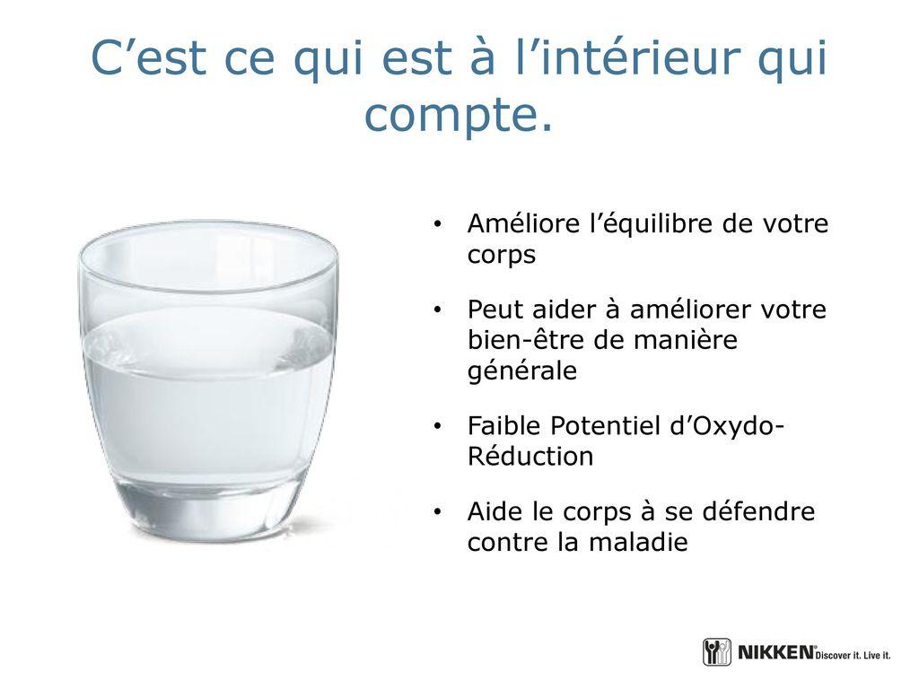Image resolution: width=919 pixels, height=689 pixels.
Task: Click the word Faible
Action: coord(504,426)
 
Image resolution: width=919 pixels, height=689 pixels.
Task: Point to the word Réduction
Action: coord(530,457)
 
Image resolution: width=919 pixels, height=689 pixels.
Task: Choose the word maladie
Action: coord(638,542)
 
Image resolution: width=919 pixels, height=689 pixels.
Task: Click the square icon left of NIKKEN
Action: coord(717,652)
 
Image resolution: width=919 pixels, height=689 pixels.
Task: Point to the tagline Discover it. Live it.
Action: coord(853,655)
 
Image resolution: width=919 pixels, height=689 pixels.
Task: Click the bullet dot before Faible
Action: coord(437,426)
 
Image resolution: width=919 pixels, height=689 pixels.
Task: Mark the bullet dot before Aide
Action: coord(437,511)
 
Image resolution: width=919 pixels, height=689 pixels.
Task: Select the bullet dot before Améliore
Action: coord(437,223)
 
